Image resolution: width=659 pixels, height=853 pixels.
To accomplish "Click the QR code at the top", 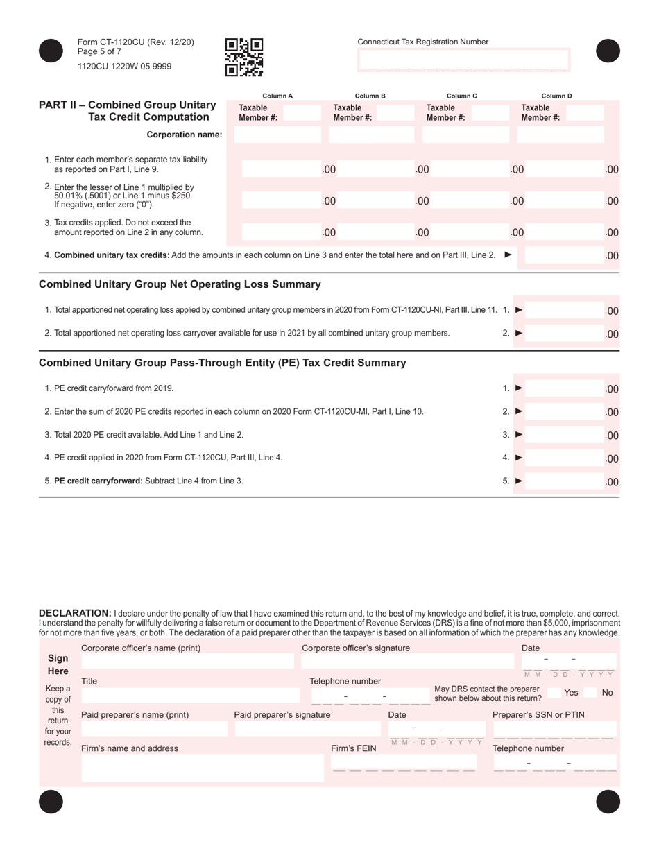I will (x=244, y=57).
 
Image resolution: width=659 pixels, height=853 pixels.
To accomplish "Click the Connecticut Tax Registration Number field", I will (x=463, y=60).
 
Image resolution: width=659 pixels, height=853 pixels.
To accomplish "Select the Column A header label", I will (x=277, y=96).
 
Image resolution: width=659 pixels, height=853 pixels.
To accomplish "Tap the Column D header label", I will (x=556, y=96).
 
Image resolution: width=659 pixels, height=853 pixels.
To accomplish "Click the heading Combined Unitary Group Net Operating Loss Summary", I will (x=180, y=284).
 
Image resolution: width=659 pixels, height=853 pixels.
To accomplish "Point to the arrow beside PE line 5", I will (x=519, y=481).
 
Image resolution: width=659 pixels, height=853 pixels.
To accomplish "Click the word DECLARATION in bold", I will (x=75, y=613).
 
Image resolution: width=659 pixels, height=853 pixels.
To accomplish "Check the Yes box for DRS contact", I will (x=554, y=692).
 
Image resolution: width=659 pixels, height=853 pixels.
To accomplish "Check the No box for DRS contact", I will (x=591, y=692).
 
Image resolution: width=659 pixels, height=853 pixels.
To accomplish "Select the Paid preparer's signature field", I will (x=307, y=729).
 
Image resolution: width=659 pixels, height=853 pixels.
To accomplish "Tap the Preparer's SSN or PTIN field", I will (x=554, y=729).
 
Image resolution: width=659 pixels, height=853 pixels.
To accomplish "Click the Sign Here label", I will (x=58, y=664).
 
